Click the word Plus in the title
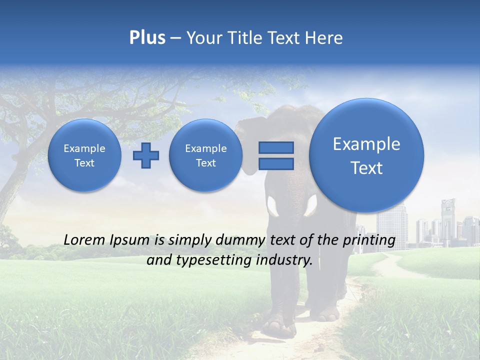click(147, 38)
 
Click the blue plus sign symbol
click(146, 155)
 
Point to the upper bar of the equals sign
click(275, 147)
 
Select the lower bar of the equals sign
click(275, 164)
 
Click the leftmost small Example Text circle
click(84, 155)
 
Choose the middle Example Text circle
click(205, 155)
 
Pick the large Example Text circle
click(366, 155)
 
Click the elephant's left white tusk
click(273, 205)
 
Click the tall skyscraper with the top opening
click(448, 220)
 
